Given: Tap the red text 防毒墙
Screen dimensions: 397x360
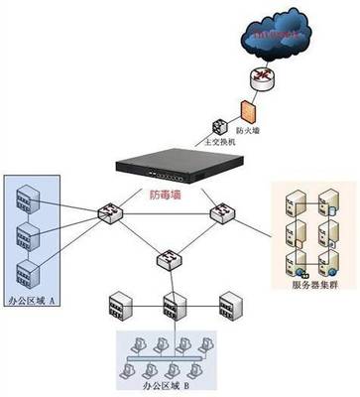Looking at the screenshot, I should click(164, 196).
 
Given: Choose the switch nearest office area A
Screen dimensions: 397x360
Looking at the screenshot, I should click(106, 212).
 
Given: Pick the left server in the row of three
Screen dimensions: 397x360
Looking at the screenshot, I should click(119, 303).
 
